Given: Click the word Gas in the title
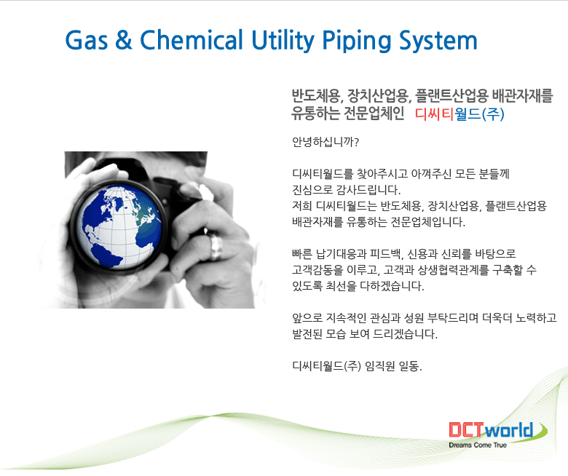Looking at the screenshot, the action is click(x=87, y=40).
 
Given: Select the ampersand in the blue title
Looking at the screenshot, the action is click(x=124, y=40).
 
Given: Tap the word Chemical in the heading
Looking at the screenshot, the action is click(x=192, y=39).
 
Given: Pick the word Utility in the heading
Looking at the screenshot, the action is click(x=283, y=41).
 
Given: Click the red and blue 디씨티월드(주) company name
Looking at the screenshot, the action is click(x=459, y=114).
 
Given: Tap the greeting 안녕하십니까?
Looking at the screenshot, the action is click(x=326, y=142).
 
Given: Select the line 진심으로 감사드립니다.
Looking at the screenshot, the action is click(x=347, y=190).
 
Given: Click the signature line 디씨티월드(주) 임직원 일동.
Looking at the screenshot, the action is click(x=357, y=366).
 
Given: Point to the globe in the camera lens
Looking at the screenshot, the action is click(x=119, y=227).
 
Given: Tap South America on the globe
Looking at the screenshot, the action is click(x=107, y=255).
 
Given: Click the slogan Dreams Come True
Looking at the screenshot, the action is click(x=478, y=445).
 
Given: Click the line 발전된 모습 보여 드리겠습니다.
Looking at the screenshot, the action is click(x=365, y=333).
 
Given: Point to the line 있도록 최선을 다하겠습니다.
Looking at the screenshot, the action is click(x=358, y=285).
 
